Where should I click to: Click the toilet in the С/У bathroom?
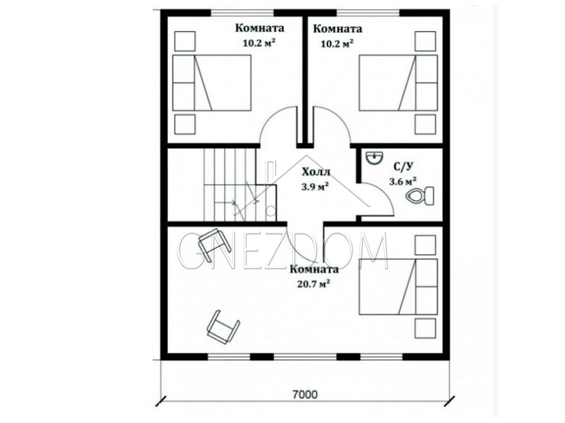tap(420, 196)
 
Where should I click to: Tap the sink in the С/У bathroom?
tap(375, 158)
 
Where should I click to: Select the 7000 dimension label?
tap(305, 395)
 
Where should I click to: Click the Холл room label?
tap(316, 172)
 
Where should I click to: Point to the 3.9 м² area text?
tap(314, 187)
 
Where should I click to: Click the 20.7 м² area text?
tap(314, 284)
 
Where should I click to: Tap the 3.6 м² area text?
tap(403, 181)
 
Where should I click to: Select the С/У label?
tap(403, 166)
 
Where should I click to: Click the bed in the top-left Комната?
tap(211, 82)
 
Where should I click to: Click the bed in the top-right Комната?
tap(398, 82)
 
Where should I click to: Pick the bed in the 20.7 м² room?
tap(398, 286)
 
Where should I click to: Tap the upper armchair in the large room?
tap(215, 244)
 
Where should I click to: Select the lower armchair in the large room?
tap(223, 327)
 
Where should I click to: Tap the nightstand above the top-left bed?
tap(185, 41)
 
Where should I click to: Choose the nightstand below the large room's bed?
tap(426, 328)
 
